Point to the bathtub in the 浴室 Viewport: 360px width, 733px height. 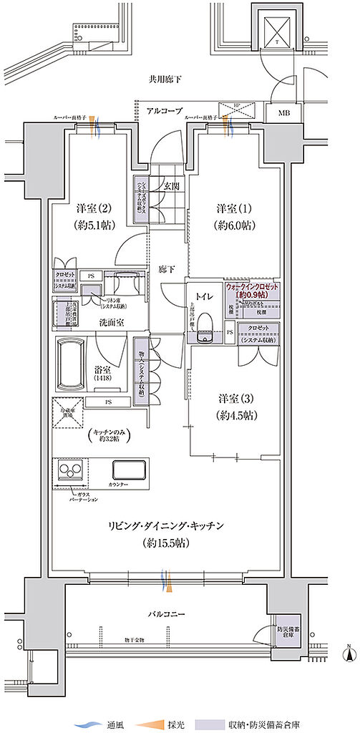pos(73,364)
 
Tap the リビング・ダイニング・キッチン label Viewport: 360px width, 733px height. pos(167,526)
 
